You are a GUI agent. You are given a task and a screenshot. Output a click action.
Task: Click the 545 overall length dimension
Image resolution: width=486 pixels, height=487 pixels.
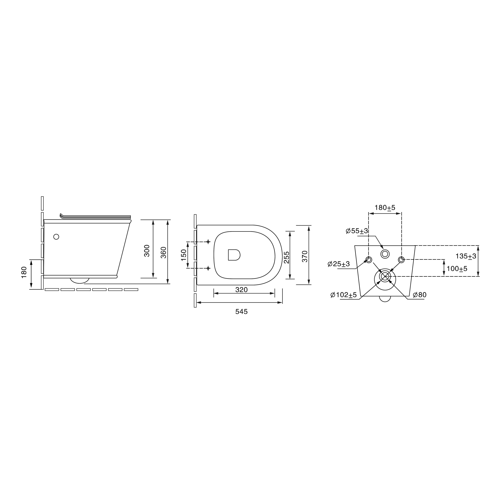(241, 312)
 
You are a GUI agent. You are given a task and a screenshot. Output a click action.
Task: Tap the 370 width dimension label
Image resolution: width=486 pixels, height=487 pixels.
(305, 256)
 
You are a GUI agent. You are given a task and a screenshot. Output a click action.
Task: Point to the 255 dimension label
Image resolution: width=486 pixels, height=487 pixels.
(287, 257)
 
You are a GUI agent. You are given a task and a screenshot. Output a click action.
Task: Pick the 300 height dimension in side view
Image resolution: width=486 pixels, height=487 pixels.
(147, 251)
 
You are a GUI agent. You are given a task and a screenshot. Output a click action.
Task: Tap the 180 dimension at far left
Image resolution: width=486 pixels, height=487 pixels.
(24, 273)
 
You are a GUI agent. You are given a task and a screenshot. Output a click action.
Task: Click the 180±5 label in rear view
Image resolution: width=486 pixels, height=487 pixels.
(385, 208)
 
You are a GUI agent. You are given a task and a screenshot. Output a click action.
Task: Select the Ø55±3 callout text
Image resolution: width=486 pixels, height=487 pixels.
(357, 231)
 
